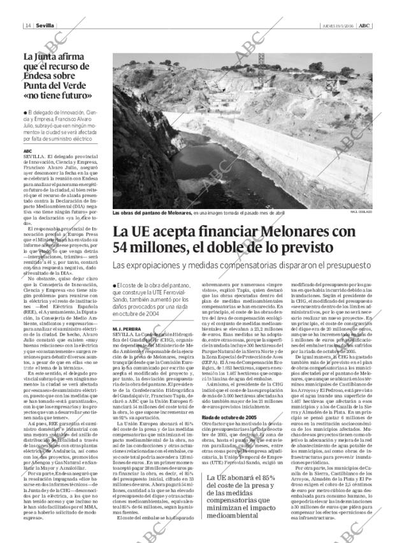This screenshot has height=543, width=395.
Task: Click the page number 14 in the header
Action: [28, 25]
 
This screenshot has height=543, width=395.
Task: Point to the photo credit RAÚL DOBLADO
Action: [361, 212]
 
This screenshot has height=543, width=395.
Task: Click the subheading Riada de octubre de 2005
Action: [229, 452]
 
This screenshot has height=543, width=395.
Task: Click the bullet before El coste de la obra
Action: [113, 284]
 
